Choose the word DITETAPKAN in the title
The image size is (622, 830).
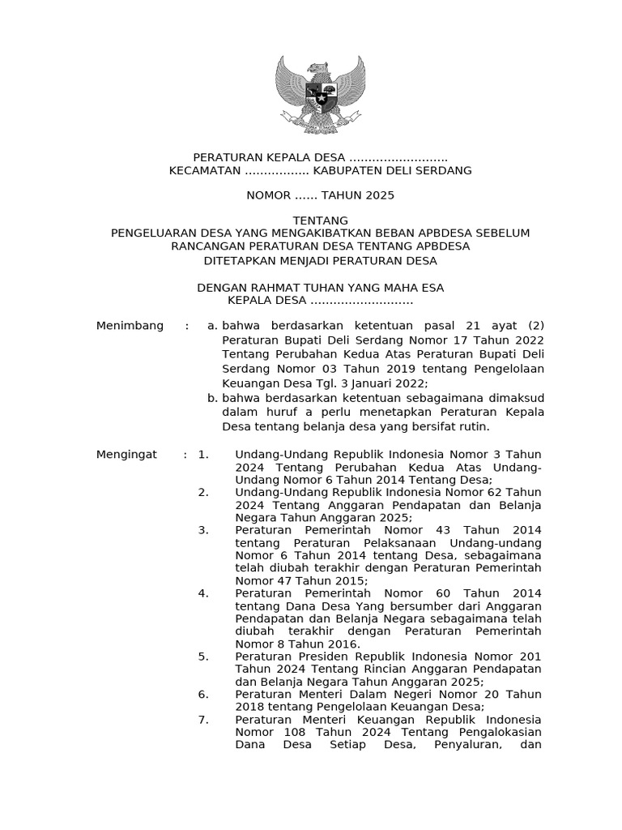239,261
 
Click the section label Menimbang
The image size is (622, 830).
130,326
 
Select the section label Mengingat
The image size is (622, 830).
126,455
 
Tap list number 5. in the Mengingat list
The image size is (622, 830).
203,656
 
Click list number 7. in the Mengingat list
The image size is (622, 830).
203,720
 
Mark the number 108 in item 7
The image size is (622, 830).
287,734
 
